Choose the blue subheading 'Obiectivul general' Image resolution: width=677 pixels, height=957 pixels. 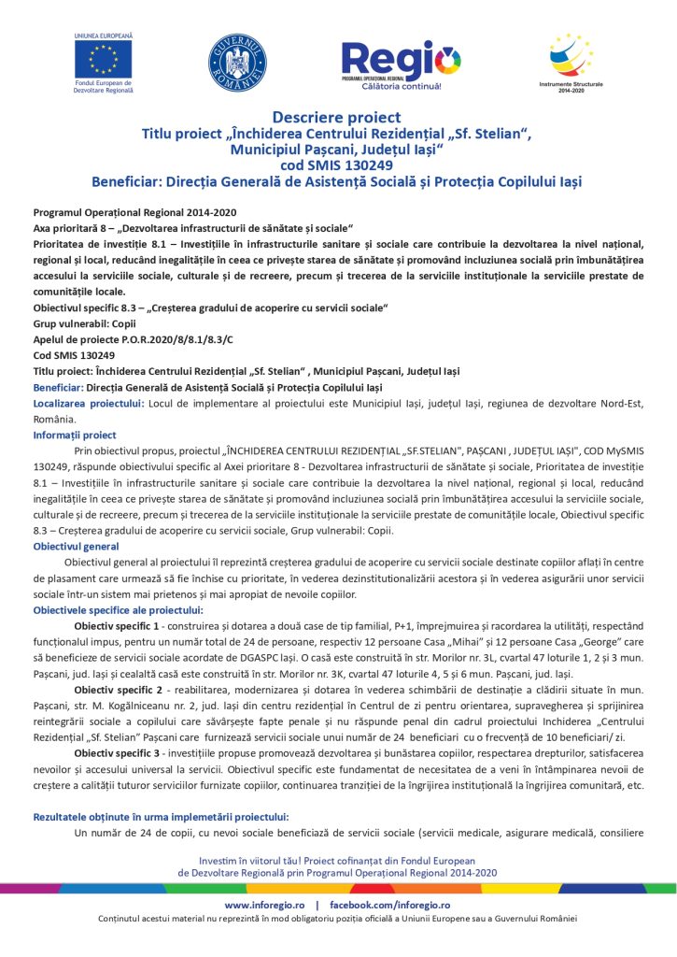(76, 545)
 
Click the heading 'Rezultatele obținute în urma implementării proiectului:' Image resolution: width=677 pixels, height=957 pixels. (161, 817)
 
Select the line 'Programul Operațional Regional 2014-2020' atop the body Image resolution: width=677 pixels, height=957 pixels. (134, 213)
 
